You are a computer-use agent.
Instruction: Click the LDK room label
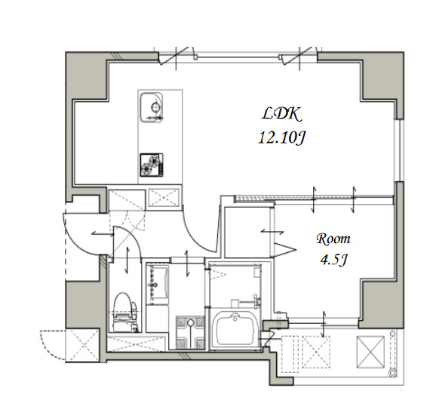coord(281,114)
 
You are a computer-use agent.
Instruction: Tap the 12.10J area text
coord(281,137)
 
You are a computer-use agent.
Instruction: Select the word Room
coord(333,239)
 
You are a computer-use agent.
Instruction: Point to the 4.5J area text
coord(333,260)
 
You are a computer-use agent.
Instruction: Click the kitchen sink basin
coord(152,107)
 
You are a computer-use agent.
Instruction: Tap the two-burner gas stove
coord(152,165)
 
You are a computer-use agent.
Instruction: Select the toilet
coord(125,312)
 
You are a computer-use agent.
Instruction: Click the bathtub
coord(235,328)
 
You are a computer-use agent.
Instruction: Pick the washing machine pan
coord(190,331)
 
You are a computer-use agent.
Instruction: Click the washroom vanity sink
coord(158,285)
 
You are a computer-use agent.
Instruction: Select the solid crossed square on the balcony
coord(370,352)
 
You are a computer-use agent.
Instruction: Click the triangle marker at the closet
coord(285,250)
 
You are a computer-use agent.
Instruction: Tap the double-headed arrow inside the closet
coord(272,232)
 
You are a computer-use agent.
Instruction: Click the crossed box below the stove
coord(164,197)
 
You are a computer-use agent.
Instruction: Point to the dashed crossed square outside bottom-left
coord(82,346)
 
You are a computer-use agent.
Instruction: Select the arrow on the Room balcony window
coord(324,324)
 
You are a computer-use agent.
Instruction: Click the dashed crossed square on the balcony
coord(317,352)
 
